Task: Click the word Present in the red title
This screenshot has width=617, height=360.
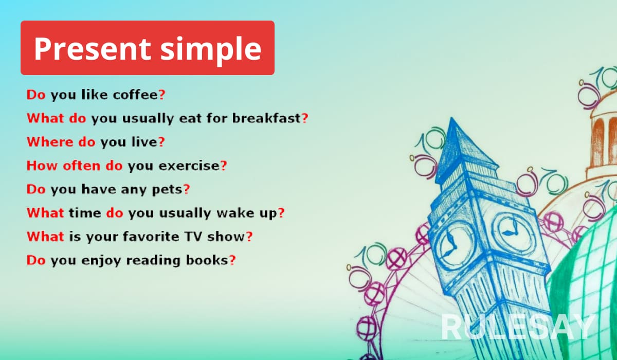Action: [92, 49]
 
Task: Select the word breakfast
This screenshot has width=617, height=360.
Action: [266, 118]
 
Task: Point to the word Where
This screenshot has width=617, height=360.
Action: [50, 142]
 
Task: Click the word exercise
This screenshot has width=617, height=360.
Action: [189, 166]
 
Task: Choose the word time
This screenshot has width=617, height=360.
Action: [85, 213]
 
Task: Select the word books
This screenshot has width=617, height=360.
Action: [207, 260]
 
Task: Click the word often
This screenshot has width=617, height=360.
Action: [82, 166]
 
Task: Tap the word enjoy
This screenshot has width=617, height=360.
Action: [101, 261]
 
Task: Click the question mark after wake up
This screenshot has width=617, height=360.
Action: [281, 213]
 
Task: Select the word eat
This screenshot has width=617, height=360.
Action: [190, 118]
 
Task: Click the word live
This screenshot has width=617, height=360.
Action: [144, 142]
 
